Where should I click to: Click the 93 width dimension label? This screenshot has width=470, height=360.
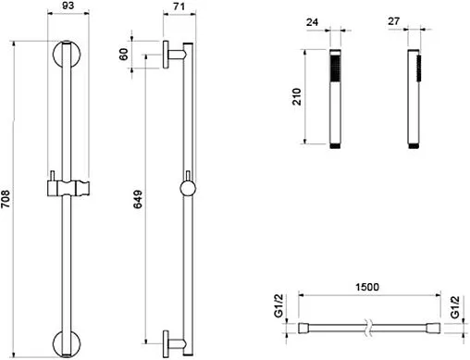pos(68,6)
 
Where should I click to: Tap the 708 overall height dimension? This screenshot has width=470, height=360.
pos(6,199)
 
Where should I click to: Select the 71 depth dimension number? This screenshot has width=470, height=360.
pos(179,6)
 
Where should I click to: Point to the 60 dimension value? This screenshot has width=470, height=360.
pos(123,55)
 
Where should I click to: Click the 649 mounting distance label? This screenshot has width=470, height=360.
pos(138,199)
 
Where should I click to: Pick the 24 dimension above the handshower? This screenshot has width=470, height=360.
pos(312,22)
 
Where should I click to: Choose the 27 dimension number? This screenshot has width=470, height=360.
pos(394,21)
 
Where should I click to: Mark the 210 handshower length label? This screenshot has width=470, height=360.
pos(296,96)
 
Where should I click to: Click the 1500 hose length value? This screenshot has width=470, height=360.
pos(367,287)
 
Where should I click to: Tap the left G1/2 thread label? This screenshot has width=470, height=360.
pos(278,305)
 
